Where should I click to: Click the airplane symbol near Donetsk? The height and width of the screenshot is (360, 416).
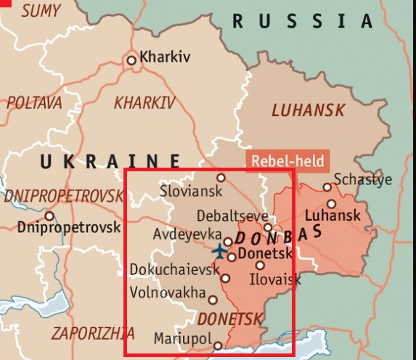point(220,252)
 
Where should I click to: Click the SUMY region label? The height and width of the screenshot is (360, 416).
point(41,11)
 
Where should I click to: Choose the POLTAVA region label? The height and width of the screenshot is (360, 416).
point(34,103)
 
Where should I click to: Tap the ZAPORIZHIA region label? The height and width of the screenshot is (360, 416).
point(92,334)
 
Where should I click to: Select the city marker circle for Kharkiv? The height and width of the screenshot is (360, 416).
point(131,60)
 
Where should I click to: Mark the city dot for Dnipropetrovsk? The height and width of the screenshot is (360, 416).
point(49,216)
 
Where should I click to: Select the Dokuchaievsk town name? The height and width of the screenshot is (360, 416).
point(174,270)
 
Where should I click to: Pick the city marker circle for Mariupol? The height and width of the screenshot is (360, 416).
point(218,346)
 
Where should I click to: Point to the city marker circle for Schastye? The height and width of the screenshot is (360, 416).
point(327,187)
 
